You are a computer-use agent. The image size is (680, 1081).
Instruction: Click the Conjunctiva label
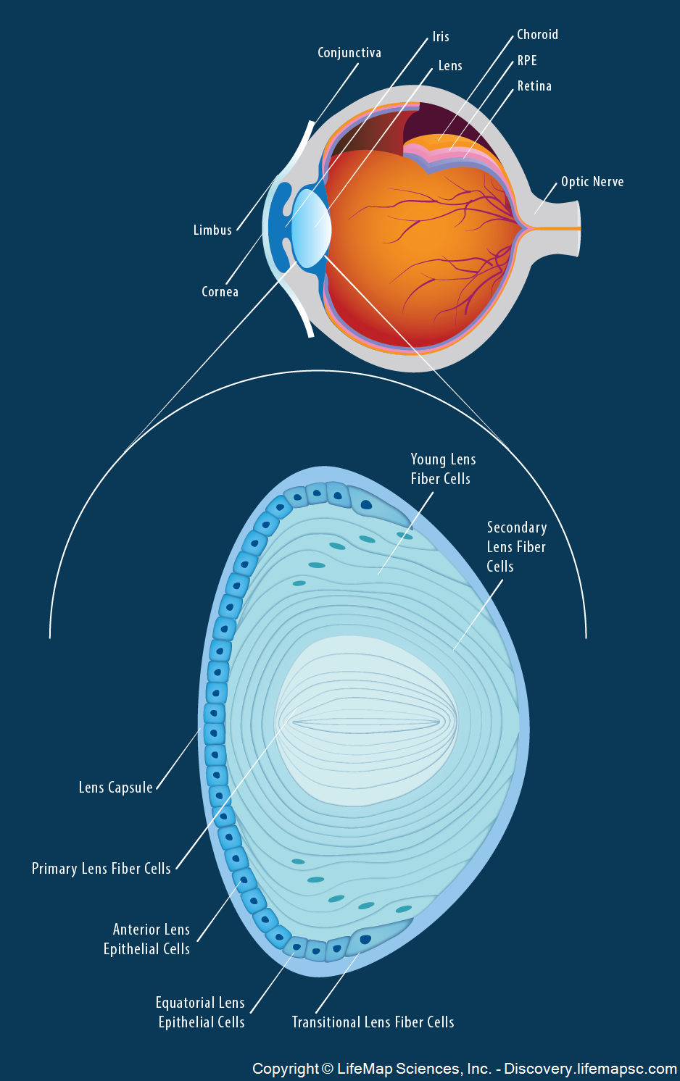349,53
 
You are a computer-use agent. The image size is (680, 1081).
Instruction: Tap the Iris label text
441,37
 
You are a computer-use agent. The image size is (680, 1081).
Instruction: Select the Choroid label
537,35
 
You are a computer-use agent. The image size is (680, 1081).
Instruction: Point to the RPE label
527,61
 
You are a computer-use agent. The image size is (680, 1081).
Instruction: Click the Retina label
534,86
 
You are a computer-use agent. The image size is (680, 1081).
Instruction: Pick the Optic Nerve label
592,182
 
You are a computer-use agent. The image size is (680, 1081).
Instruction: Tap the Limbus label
212,230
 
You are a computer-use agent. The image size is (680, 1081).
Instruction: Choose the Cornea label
220,292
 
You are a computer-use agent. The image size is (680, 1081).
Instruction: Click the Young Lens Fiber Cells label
442,469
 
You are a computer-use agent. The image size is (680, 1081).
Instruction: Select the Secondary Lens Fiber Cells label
516,547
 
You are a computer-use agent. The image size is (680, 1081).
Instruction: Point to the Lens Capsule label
115,788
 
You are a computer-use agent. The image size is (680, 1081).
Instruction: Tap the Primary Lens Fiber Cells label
101,869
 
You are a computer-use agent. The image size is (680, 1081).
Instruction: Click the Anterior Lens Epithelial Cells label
147,939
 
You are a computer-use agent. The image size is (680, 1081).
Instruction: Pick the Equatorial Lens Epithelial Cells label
201,1012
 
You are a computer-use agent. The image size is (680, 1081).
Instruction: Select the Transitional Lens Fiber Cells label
373,1022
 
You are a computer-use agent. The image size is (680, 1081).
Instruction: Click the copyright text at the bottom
464,1069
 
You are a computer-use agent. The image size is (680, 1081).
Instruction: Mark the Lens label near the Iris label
450,66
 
